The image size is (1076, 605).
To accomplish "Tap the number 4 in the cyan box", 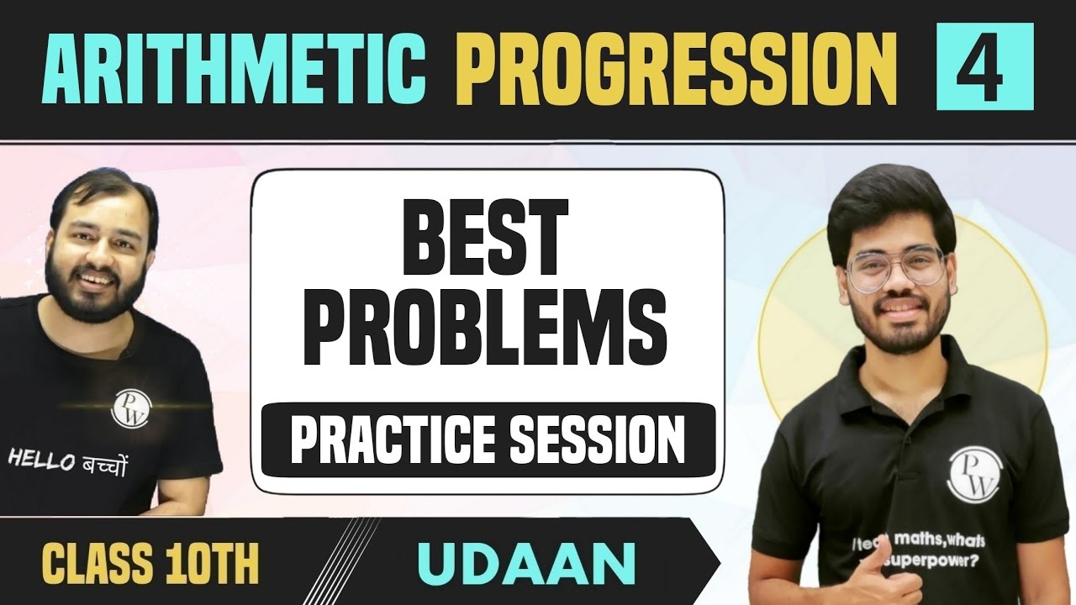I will click(985, 67).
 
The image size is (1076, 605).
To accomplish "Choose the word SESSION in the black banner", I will click(595, 439).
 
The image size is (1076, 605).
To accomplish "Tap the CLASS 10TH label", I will click(151, 565).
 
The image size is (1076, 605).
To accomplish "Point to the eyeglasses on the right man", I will click(896, 268).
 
